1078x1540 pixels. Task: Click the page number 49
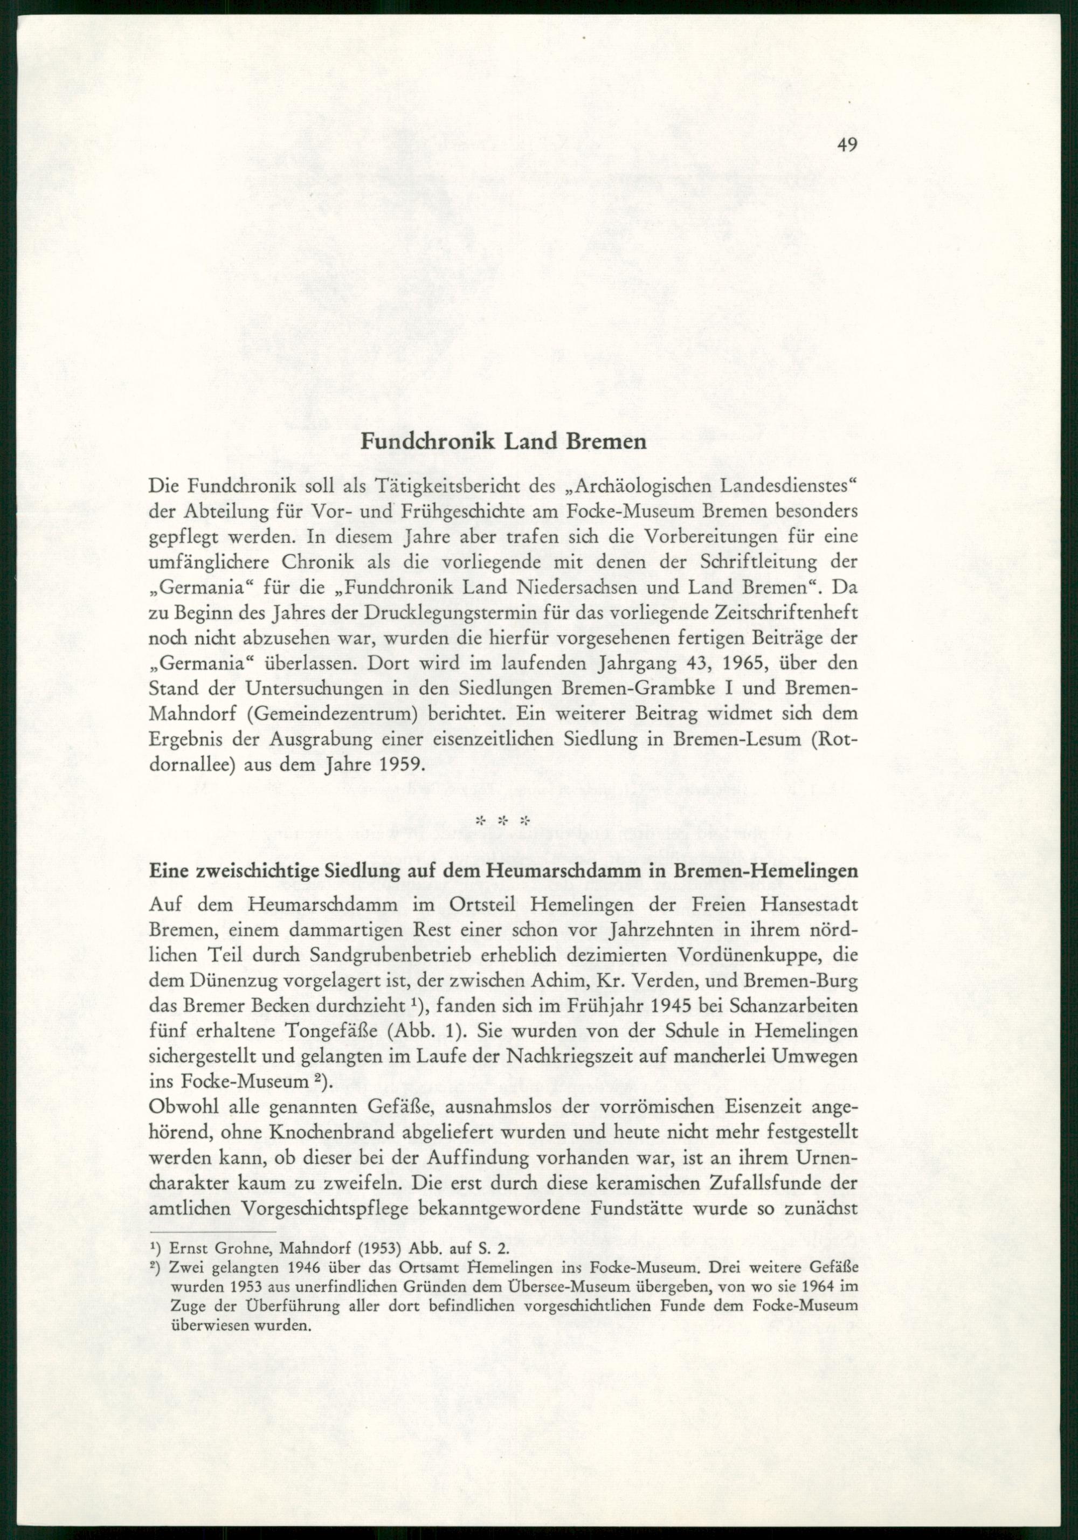tap(847, 146)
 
